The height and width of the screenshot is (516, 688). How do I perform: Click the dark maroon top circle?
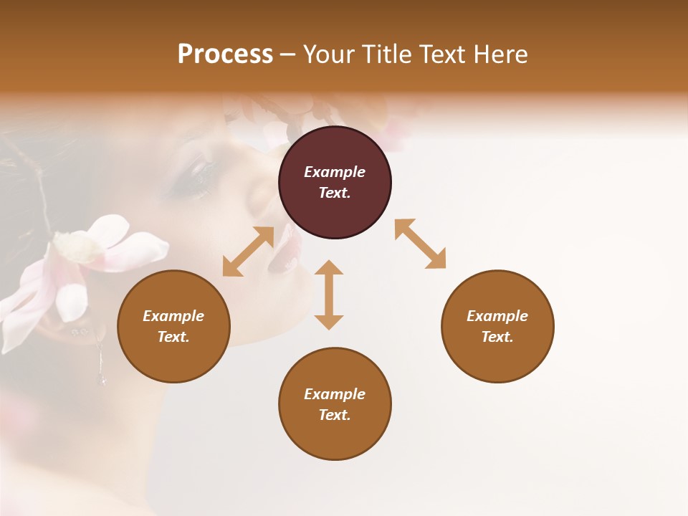point(335,183)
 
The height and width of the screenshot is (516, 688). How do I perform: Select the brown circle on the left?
point(173,326)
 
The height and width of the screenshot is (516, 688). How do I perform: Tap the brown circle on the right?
point(497,326)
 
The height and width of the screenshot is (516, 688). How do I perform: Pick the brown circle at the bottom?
point(335,404)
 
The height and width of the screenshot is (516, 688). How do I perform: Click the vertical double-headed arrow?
point(329,295)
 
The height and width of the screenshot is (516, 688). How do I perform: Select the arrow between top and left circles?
point(248,251)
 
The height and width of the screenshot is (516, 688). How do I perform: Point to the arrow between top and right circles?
point(420,244)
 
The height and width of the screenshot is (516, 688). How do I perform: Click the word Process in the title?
point(225,54)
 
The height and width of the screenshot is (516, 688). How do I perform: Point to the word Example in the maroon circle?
point(335,172)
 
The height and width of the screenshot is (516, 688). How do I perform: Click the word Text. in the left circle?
point(173,337)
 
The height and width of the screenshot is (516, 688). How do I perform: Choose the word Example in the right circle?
point(497,316)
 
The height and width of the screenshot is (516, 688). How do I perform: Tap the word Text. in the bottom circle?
point(335,415)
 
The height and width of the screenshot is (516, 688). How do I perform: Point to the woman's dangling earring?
point(101,362)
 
